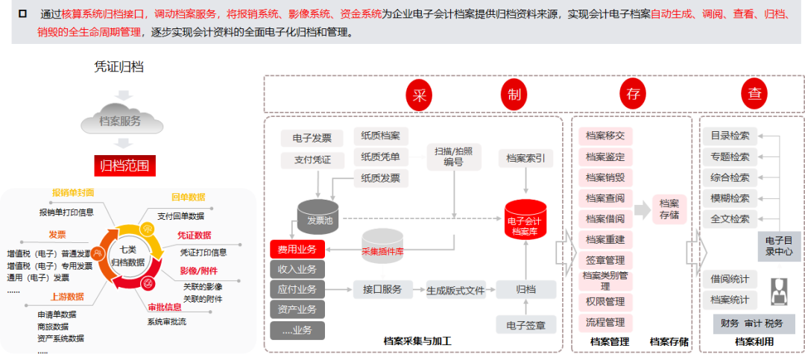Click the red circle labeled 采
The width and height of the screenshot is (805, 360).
tap(420, 95)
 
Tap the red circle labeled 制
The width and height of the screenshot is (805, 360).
tap(514, 95)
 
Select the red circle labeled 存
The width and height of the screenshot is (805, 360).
tap(634, 95)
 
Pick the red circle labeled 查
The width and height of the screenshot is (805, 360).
tap(755, 95)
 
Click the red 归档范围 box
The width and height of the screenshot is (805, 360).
tap(124, 165)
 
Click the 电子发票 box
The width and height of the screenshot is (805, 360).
tap(312, 138)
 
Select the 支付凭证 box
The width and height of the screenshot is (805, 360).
tap(312, 160)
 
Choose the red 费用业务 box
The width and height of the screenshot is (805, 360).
tap(297, 249)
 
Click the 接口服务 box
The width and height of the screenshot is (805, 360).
tap(382, 289)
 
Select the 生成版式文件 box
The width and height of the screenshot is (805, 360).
tap(455, 289)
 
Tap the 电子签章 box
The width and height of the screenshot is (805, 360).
tap(525, 324)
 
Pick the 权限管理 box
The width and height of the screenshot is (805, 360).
tap(605, 302)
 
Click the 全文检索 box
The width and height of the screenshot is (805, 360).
tap(730, 219)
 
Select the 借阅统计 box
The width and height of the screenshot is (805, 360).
tap(730, 279)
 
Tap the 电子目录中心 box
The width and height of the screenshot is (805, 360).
tap(780, 246)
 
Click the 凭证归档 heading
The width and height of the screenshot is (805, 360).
tap(119, 67)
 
